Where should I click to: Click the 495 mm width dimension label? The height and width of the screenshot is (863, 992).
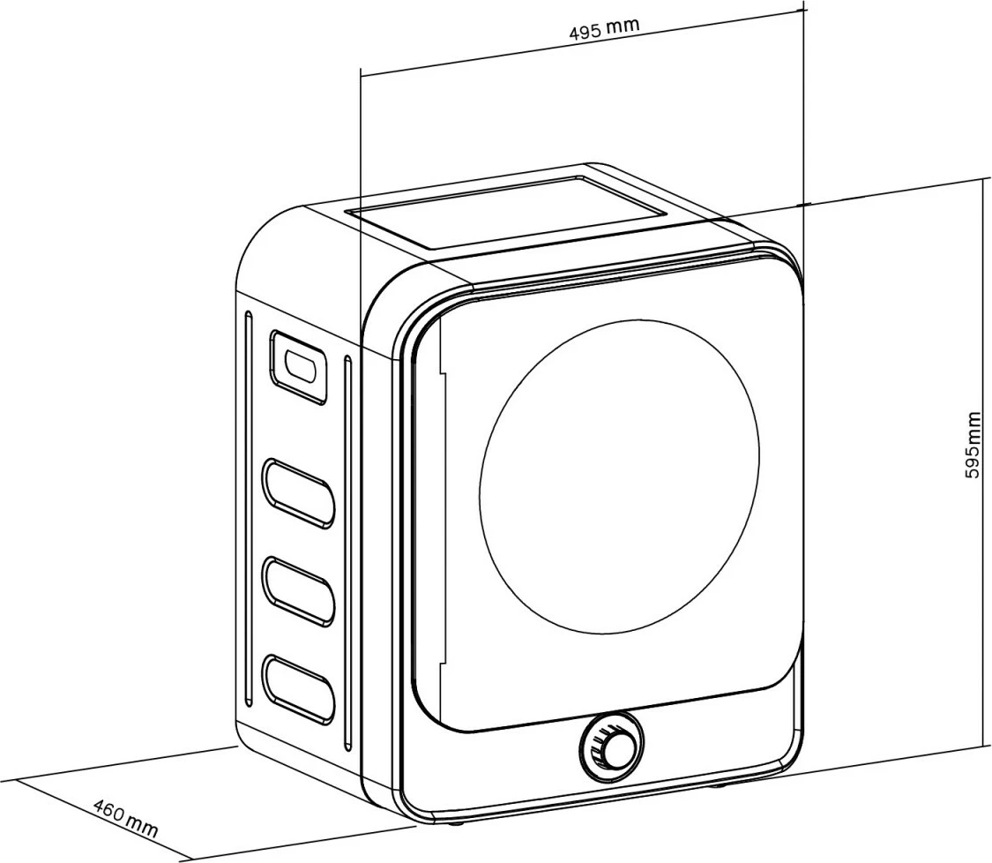[604, 29]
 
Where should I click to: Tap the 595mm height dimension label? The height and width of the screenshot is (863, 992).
[972, 445]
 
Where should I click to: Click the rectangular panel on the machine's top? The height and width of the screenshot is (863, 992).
[506, 212]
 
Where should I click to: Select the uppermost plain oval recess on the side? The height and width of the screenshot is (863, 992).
[299, 493]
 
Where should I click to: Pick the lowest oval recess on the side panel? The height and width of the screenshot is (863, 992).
[299, 687]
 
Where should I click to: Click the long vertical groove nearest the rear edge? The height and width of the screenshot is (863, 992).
[250, 512]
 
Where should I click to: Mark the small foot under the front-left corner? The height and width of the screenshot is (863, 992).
[456, 824]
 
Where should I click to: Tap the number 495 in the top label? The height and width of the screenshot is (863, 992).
[585, 32]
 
